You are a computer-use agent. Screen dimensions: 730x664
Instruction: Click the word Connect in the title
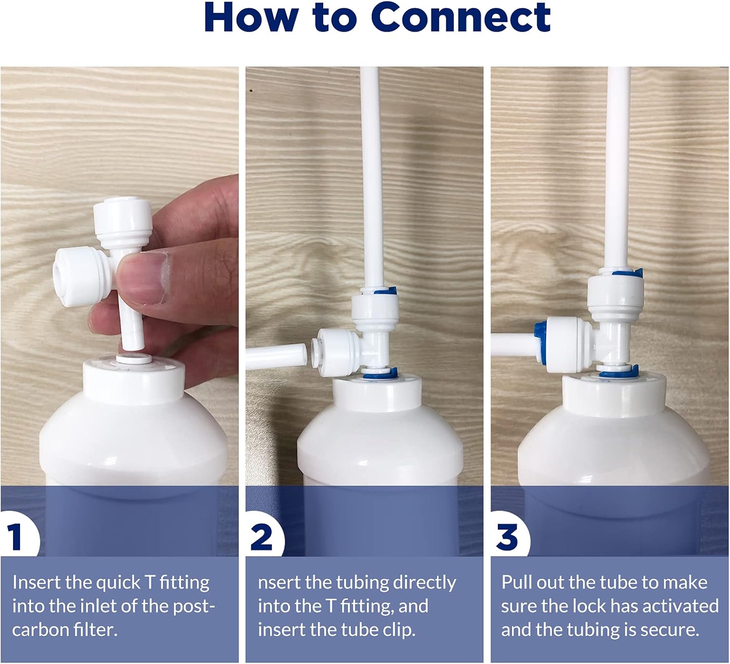(460, 17)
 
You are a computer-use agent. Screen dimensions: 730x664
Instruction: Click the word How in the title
(251, 17)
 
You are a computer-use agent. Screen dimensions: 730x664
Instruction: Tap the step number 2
(261, 537)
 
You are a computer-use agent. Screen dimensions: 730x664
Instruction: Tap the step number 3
(507, 537)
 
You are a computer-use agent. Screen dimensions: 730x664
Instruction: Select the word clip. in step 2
(399, 629)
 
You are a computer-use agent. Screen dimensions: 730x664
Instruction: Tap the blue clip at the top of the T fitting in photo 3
(627, 273)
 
